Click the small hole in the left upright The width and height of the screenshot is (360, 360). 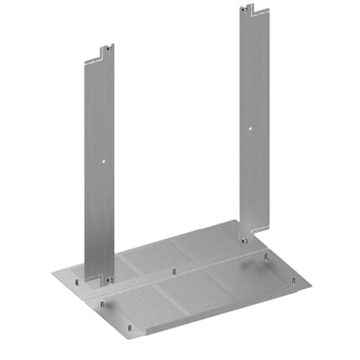coord(105,163)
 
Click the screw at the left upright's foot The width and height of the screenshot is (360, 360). coord(108,281)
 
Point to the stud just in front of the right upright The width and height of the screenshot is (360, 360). coord(266,256)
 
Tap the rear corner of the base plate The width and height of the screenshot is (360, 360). coord(236,221)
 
